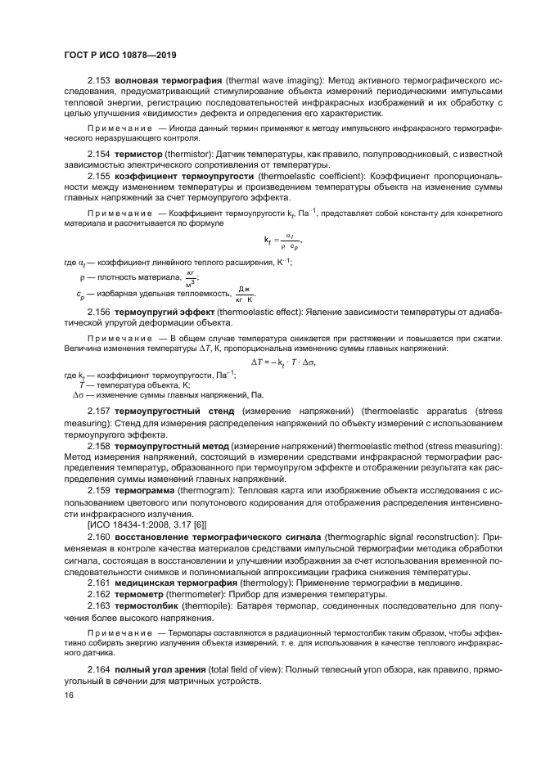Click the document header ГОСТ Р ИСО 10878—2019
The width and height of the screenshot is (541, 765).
point(121,55)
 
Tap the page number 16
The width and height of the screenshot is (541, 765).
point(68,695)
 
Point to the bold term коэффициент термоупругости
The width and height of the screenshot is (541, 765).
point(184,176)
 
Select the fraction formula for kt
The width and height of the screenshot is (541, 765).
point(282,241)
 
